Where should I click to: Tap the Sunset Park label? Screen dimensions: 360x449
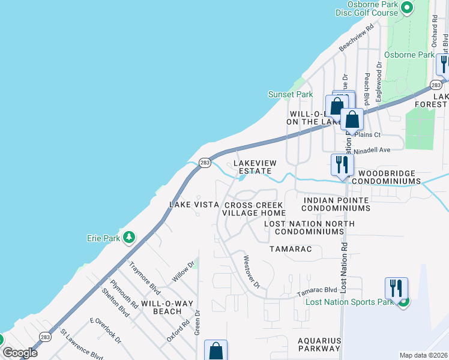coord(291,94)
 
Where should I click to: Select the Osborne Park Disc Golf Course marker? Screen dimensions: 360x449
coord(407,8)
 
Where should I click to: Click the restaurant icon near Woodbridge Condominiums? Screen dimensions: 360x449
coord(342,164)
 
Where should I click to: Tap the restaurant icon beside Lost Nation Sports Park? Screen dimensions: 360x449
coord(396,288)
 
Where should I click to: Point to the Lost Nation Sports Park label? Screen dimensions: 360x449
coord(349,302)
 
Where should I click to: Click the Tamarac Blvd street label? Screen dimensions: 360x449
coord(317,291)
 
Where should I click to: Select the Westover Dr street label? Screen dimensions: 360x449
coord(251,271)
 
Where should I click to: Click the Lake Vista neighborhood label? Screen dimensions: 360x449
coord(194,205)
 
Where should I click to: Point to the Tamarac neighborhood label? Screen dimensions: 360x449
coord(291,248)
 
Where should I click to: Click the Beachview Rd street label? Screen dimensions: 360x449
coord(357,37)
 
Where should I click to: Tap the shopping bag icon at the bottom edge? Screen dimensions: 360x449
coord(215,350)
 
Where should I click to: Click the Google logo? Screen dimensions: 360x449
coord(20,353)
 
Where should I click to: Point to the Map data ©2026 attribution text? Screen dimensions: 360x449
coord(423,355)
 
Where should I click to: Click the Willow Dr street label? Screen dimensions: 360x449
coord(184,271)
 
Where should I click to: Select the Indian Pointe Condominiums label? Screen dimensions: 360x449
coord(335,204)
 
